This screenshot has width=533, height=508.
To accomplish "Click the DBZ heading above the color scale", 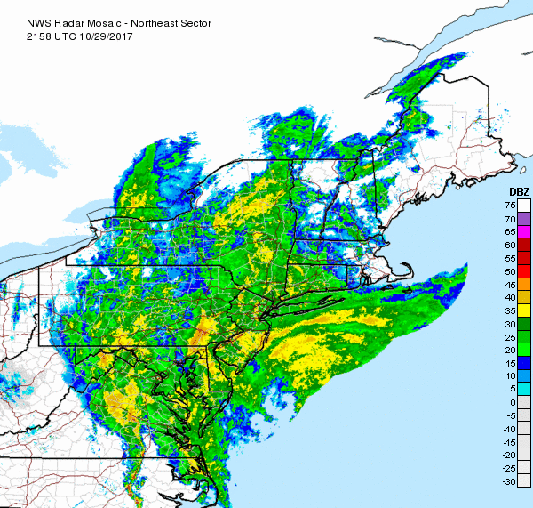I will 519,192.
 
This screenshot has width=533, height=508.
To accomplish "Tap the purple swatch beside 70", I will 524,218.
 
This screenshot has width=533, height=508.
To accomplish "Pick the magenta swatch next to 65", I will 524,231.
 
